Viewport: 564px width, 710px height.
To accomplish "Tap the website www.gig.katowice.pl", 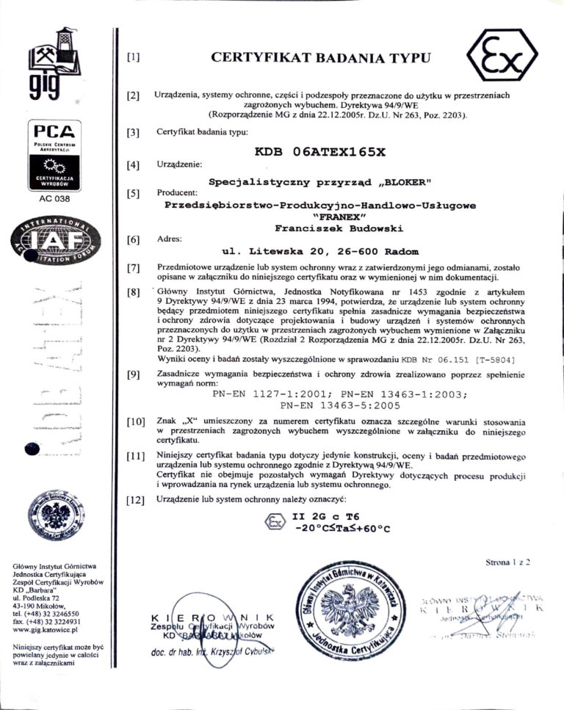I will click(x=47, y=630).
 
